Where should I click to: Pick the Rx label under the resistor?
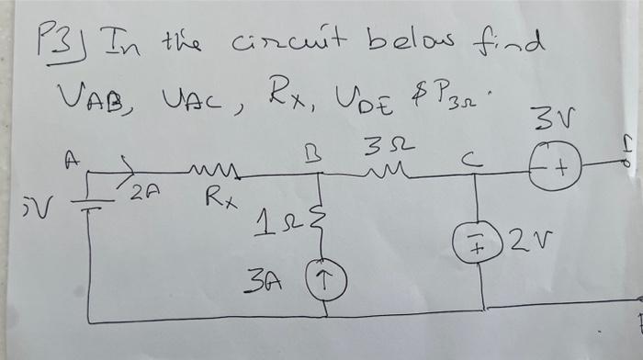(218, 195)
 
